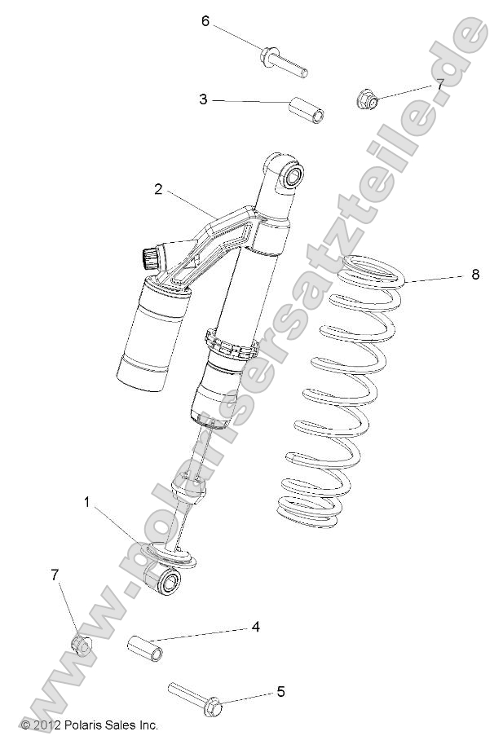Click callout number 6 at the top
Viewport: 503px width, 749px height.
[206, 20]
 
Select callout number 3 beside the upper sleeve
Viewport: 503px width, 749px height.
[203, 99]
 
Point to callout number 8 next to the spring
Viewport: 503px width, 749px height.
[474, 275]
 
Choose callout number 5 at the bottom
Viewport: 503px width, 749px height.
[280, 692]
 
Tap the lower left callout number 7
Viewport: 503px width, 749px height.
[55, 575]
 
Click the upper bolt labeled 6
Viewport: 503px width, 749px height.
[283, 64]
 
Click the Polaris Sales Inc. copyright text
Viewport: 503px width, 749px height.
[89, 725]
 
